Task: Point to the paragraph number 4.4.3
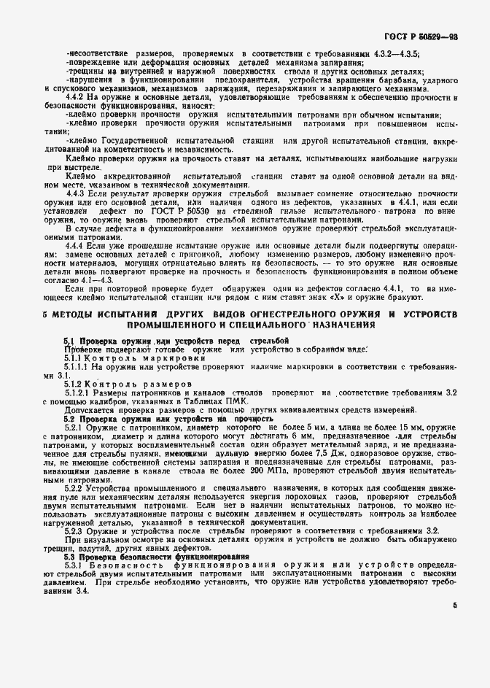pos(77,193)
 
